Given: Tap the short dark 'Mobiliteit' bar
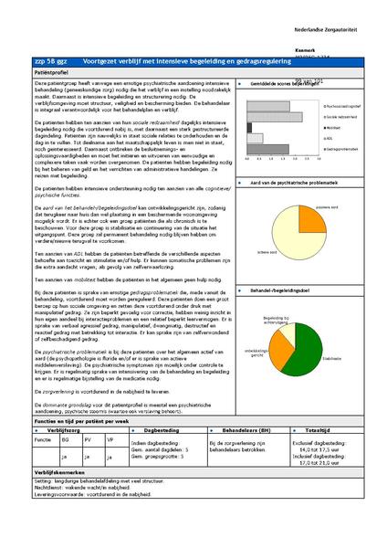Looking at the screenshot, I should coord(250,127).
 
